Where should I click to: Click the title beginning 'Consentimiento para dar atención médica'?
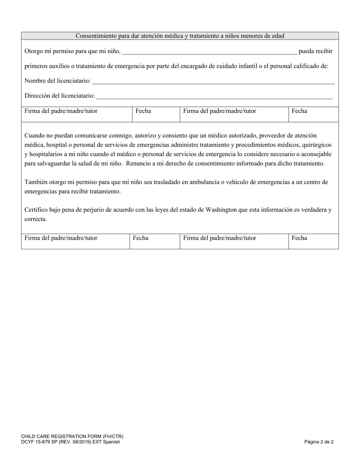coord(180,36)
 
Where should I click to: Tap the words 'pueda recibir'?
coord(315,51)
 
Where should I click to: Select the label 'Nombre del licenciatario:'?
coord(58,81)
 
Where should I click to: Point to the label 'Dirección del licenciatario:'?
coord(60,96)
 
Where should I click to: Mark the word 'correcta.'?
coord(36,219)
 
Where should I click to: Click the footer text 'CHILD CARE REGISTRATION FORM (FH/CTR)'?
coord(72,436)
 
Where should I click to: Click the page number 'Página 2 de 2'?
coord(319,442)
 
